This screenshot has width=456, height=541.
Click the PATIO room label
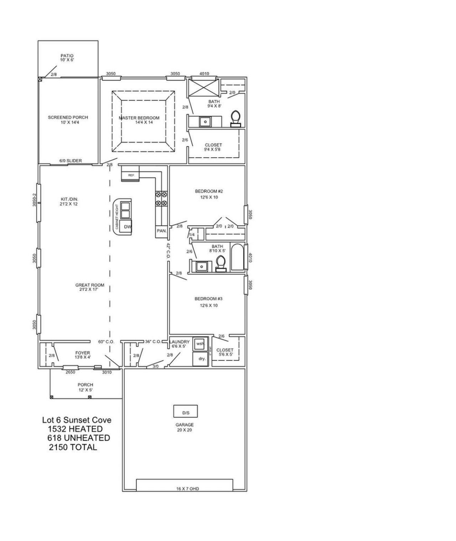[67, 56]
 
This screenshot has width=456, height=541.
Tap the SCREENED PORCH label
[68, 117]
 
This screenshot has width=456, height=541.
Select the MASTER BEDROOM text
[139, 118]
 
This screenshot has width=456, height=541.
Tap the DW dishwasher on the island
[128, 226]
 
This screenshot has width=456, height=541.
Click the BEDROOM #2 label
[209, 191]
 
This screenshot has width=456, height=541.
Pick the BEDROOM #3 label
[208, 299]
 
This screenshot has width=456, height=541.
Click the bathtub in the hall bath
[237, 257]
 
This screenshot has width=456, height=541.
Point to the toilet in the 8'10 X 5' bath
[221, 264]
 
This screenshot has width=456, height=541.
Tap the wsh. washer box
[200, 344]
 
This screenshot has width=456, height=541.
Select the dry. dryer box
[202, 359]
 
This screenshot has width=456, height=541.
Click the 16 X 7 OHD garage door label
[187, 489]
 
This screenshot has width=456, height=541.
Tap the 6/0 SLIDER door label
[71, 161]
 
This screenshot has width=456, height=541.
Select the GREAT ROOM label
[90, 285]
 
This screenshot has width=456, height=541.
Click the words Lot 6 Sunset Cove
[77, 420]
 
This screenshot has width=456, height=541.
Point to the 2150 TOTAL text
[73, 447]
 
